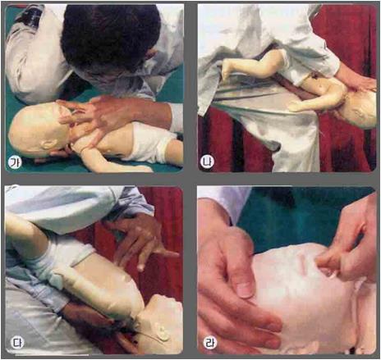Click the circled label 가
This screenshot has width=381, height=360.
coord(12,162)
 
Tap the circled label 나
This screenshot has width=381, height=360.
coord(207,161)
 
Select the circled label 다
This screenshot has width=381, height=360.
coord(17,344)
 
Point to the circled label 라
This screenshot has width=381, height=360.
coord(210,344)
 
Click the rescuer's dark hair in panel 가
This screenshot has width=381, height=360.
coord(109,35)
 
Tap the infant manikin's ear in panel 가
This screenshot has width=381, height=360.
coord(48,143)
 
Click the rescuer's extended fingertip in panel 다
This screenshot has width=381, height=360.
coord(175,255)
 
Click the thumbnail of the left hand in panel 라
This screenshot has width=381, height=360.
coord(244,289)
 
